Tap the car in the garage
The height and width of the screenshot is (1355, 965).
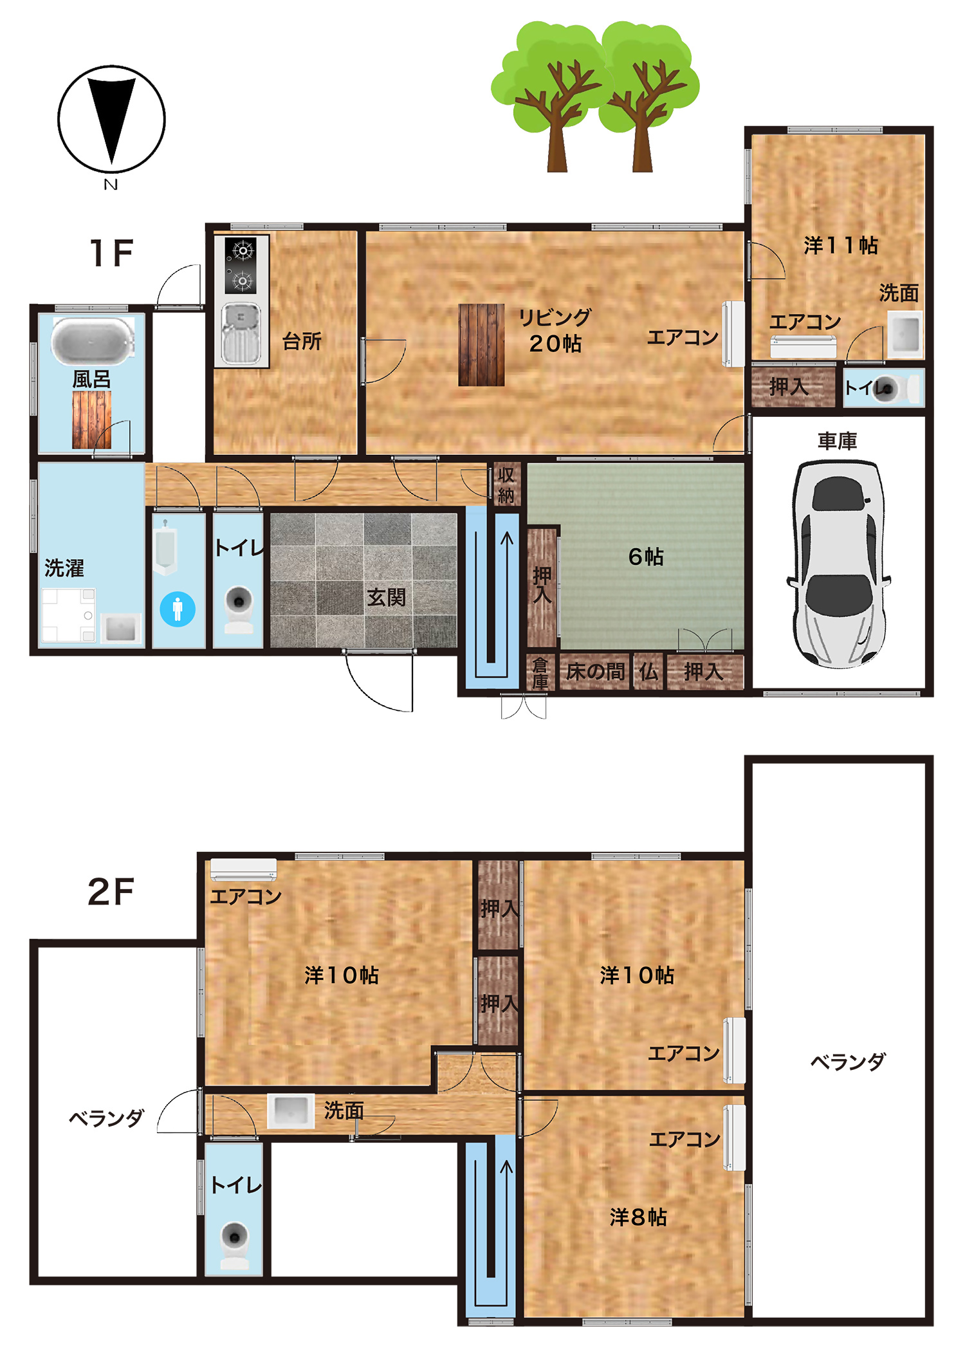[838, 564]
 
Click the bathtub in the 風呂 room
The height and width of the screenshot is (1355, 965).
[93, 340]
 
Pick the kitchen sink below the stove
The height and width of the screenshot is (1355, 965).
[241, 333]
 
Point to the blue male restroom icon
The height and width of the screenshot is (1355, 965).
[178, 609]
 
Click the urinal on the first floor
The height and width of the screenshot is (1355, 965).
[165, 548]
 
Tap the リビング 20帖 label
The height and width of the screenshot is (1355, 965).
[555, 330]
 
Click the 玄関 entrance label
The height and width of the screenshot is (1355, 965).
[386, 598]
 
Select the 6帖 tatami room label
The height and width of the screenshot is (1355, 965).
[645, 557]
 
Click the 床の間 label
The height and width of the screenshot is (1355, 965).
[595, 672]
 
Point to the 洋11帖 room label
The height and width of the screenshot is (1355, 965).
[840, 245]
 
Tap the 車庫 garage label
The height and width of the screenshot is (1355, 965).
[837, 441]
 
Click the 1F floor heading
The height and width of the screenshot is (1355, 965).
[111, 253]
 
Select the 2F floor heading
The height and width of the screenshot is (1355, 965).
[111, 892]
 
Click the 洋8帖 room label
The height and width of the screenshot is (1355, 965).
[638, 1217]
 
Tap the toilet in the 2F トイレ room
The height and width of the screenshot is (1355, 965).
[235, 1245]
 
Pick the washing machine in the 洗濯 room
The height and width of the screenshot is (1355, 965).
[69, 615]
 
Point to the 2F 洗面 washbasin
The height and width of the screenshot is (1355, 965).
[291, 1111]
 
